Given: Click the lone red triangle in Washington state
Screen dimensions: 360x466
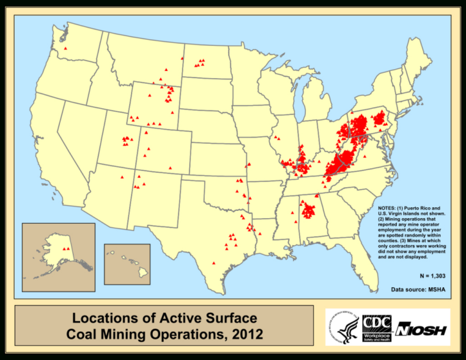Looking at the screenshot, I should tap(65, 48).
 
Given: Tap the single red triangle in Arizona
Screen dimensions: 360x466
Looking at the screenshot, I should tap(121, 177).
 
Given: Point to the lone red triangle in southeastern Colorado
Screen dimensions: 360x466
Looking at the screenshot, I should tap(170, 168).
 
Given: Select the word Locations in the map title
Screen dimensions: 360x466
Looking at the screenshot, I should tap(100, 318).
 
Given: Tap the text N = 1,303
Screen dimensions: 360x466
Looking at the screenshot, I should tap(433, 276).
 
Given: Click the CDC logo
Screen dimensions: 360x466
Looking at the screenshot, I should tap(378, 323).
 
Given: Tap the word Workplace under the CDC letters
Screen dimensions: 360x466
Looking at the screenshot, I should tap(378, 334).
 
